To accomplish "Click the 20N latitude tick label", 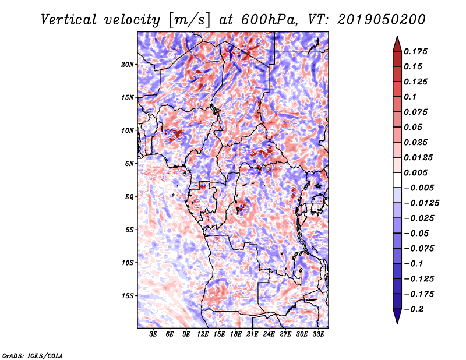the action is [x=128, y=65].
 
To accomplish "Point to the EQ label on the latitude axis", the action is [x=129, y=197].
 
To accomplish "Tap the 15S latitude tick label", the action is [x=128, y=296].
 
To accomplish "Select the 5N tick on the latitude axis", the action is [x=129, y=164].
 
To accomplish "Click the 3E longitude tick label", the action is [x=153, y=334].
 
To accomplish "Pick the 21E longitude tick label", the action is [x=252, y=334].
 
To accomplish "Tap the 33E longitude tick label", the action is [x=318, y=334].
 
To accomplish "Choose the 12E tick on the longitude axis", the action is [x=203, y=334].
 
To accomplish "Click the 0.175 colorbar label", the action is [x=415, y=51].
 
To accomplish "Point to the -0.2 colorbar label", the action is [x=414, y=309].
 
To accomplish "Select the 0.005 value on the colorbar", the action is [x=415, y=172].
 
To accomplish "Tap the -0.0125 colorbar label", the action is [x=421, y=203].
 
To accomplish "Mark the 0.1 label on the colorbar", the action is [x=410, y=97].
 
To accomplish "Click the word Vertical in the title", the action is [x=69, y=20].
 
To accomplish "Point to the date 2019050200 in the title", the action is [x=382, y=20].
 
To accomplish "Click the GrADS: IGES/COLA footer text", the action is [x=33, y=356].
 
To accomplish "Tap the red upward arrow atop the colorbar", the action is [x=397, y=44].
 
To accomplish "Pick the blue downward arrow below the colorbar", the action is [x=397, y=316].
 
